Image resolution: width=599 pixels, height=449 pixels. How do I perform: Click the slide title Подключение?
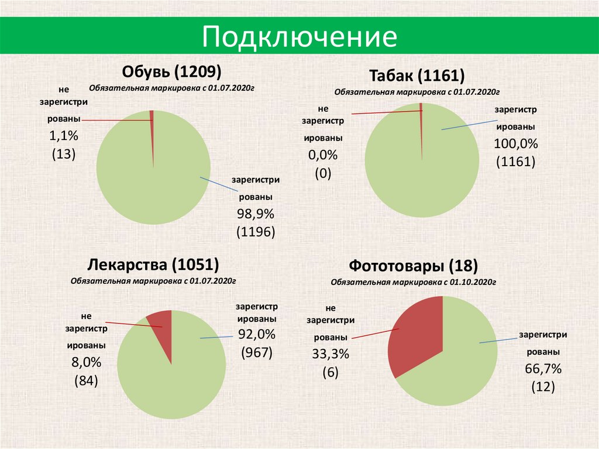(x=299, y=37)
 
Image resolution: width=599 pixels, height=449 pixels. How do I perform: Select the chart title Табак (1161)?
(x=416, y=76)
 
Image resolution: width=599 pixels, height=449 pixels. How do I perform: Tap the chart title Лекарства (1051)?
(x=153, y=264)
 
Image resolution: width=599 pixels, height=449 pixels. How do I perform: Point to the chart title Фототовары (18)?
(x=414, y=266)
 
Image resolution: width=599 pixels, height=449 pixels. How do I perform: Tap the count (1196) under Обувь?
(x=256, y=232)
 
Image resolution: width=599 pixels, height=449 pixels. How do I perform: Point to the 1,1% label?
(x=64, y=136)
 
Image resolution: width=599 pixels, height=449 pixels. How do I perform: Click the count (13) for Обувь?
(x=64, y=155)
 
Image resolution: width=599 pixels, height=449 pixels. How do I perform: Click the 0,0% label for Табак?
(x=323, y=155)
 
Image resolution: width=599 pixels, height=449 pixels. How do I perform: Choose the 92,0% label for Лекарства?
(x=256, y=334)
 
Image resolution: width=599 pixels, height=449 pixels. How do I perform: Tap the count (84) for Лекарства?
(x=86, y=381)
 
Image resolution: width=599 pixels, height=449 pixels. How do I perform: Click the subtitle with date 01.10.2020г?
(x=413, y=282)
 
